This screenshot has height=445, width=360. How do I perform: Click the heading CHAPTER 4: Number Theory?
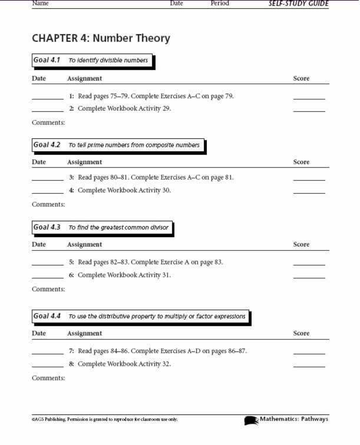point(101,39)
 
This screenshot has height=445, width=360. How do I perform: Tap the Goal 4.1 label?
point(47,60)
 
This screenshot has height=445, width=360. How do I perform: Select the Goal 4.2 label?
point(47,145)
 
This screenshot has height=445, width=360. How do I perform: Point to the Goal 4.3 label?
point(47,227)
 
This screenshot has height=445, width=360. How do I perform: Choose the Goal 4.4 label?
point(47,316)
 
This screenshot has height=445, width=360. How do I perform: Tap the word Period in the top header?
point(220,4)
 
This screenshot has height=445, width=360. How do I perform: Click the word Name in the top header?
point(40,4)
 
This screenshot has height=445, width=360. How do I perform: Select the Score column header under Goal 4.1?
point(301,78)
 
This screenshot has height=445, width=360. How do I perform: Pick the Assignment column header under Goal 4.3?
point(84,244)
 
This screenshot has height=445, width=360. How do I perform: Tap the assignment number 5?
point(71,262)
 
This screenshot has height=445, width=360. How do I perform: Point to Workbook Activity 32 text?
point(124,364)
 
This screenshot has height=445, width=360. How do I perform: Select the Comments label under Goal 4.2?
point(48,205)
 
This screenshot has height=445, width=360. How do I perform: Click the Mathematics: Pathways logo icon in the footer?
point(252,420)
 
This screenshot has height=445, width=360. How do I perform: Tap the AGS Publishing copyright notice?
point(104,420)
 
